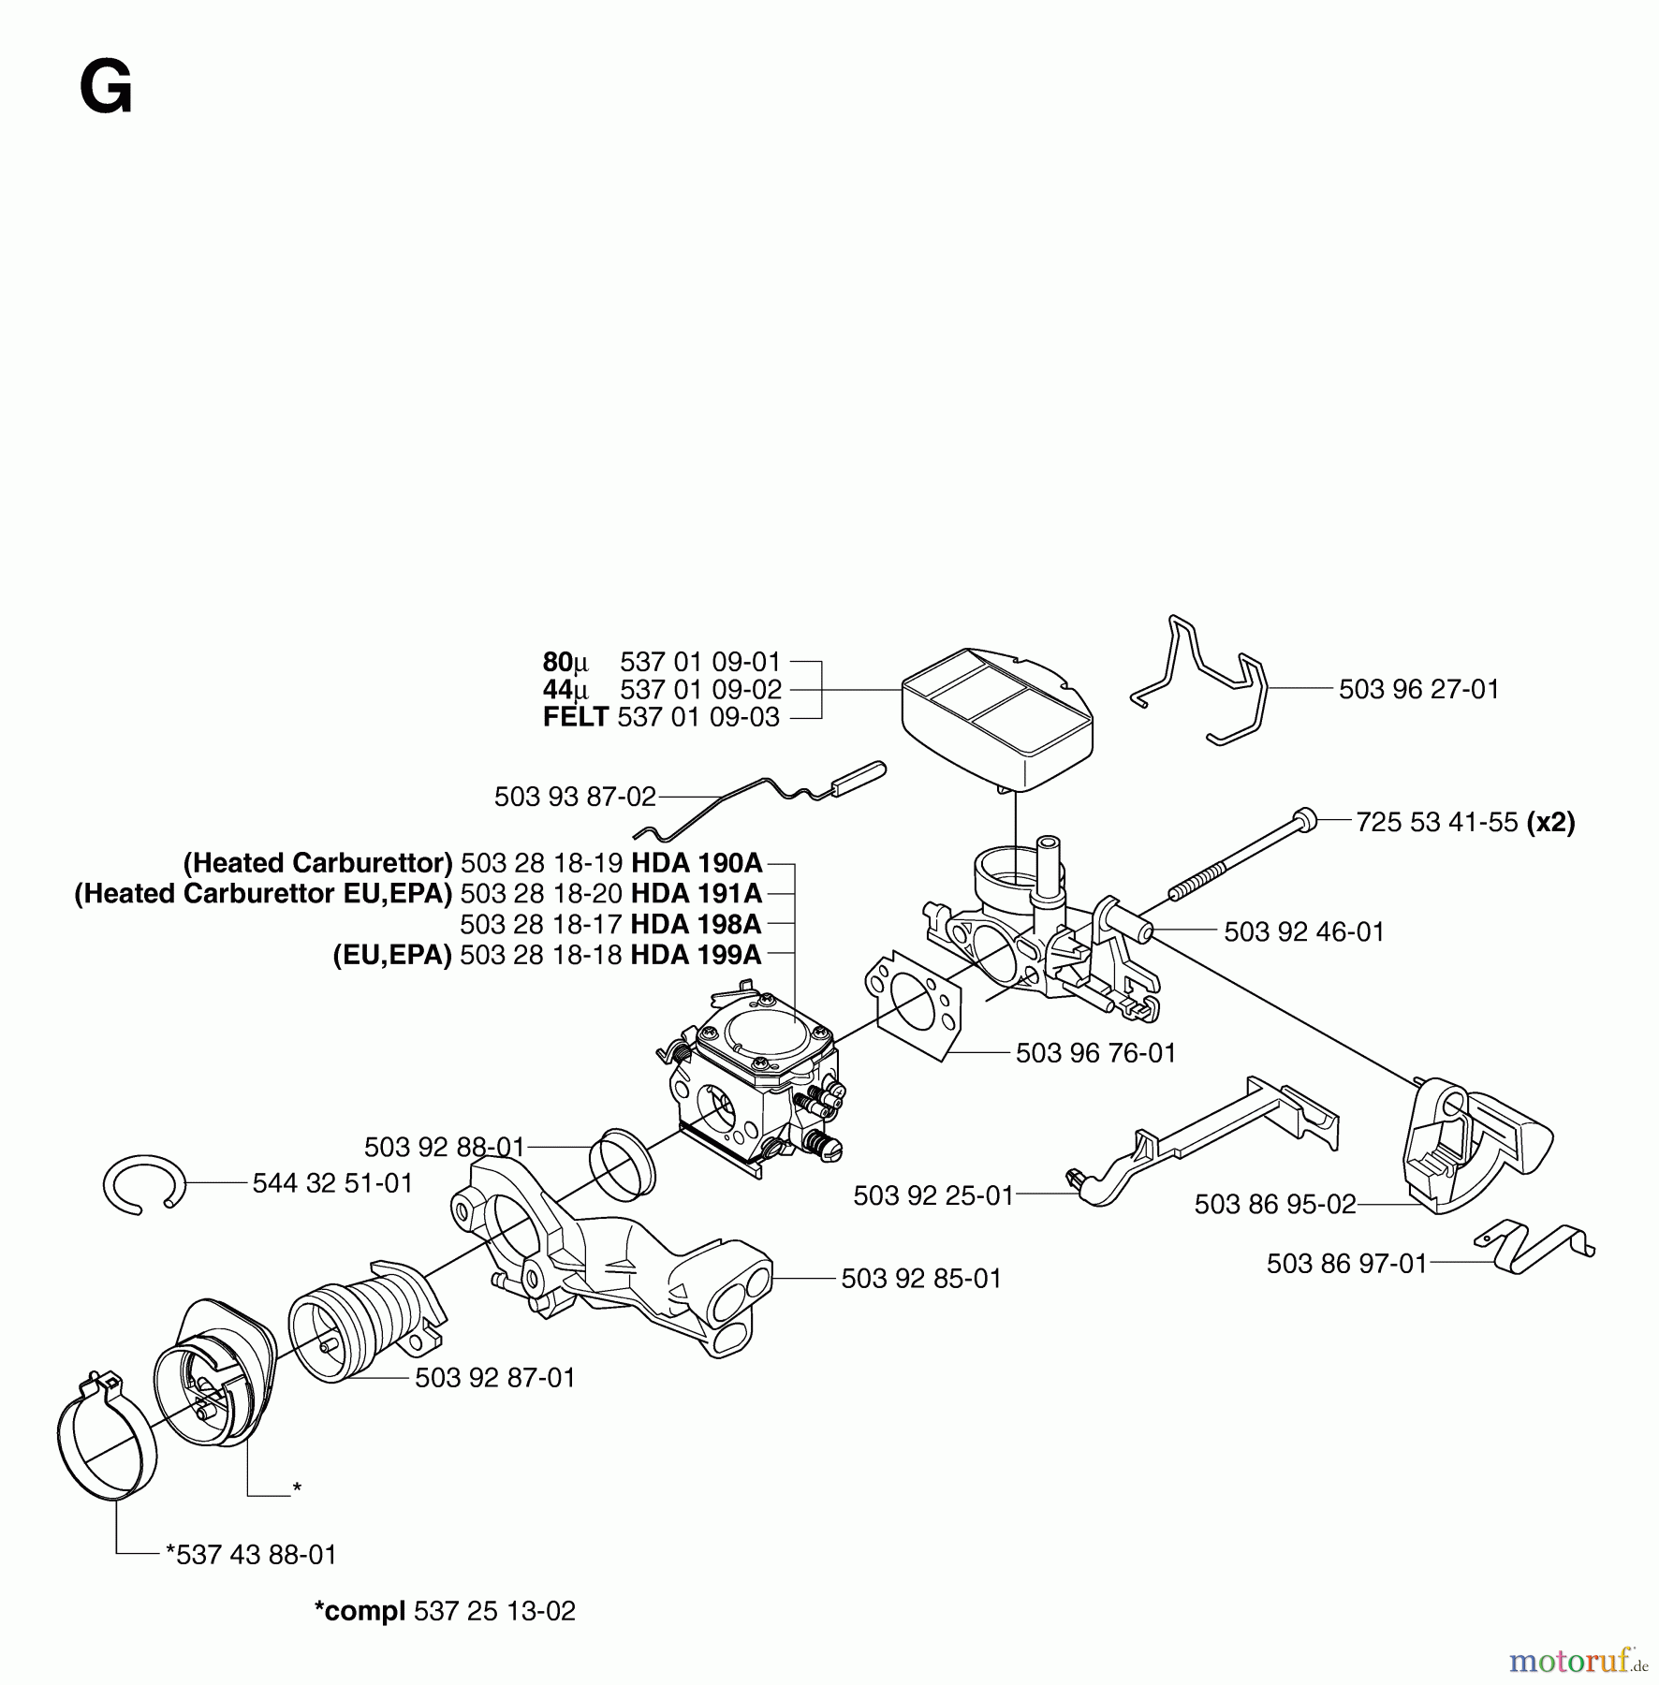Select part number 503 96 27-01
coord(1418,690)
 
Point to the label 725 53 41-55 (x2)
coord(1465,823)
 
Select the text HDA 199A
coord(696,955)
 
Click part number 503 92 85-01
coord(921,1279)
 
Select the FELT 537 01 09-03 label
coord(661,718)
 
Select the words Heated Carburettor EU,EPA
coord(263,894)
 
